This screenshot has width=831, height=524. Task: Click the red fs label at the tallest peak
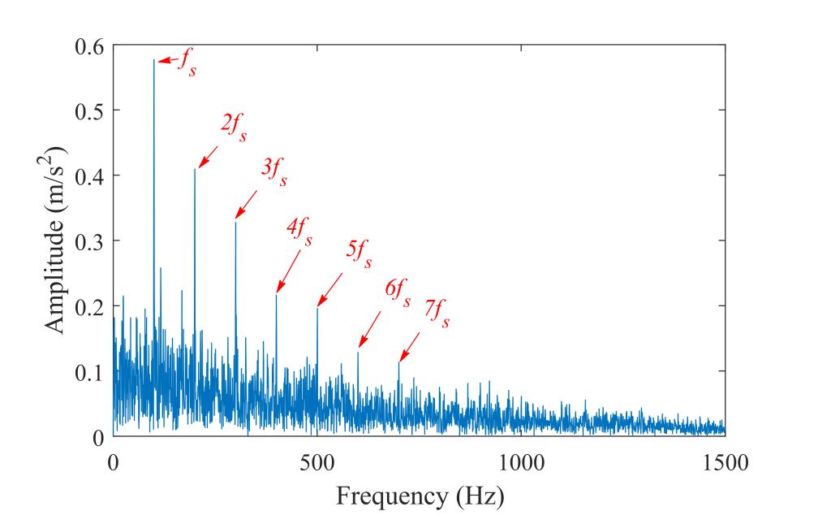[187, 63]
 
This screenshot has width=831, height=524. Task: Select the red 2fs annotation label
[233, 128]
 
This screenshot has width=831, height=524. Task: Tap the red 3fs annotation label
[273, 172]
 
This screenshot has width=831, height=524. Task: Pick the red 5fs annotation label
[359, 254]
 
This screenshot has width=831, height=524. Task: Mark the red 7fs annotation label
[436, 313]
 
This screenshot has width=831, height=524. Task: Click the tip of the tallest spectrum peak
[153, 59]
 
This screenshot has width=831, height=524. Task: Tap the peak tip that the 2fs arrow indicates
[195, 169]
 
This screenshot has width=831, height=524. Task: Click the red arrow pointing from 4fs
[288, 271]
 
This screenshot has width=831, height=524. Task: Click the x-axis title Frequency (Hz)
[420, 495]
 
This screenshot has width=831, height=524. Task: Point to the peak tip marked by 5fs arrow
[317, 308]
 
